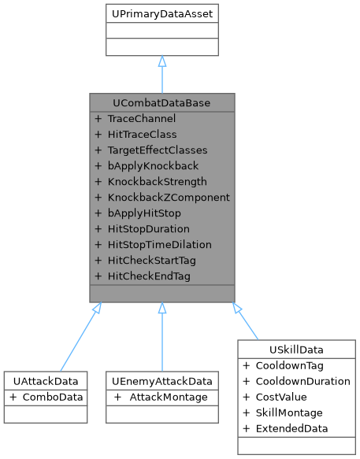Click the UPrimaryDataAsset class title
coord(161,14)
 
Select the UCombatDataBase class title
coord(161,103)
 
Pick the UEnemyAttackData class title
coord(161,380)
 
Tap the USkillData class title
coord(296,349)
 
